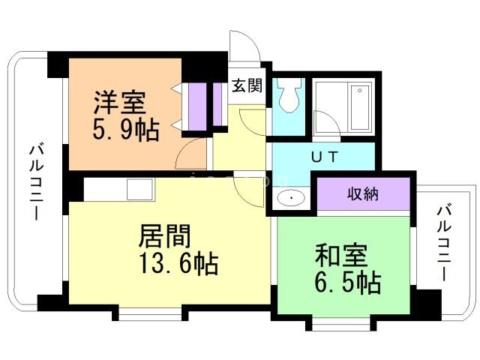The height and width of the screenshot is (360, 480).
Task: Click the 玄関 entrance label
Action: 247,85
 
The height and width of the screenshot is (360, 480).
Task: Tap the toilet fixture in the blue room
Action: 288,95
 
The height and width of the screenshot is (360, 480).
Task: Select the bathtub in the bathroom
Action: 360,107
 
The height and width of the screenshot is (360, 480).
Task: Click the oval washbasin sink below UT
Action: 291,198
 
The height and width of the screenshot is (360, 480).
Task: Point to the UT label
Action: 325,157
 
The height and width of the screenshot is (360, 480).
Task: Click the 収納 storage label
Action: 363,193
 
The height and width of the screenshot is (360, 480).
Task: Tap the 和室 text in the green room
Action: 341,256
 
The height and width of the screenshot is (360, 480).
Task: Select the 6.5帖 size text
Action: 348,282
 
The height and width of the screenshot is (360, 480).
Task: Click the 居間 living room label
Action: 165,235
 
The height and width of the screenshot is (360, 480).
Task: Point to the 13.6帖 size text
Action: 178,262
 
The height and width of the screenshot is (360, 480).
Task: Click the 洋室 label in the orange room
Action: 120,102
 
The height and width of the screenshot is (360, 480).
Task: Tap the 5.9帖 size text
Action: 126,129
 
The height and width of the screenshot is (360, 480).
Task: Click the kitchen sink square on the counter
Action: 139,190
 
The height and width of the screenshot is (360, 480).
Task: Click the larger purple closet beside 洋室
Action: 197,106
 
